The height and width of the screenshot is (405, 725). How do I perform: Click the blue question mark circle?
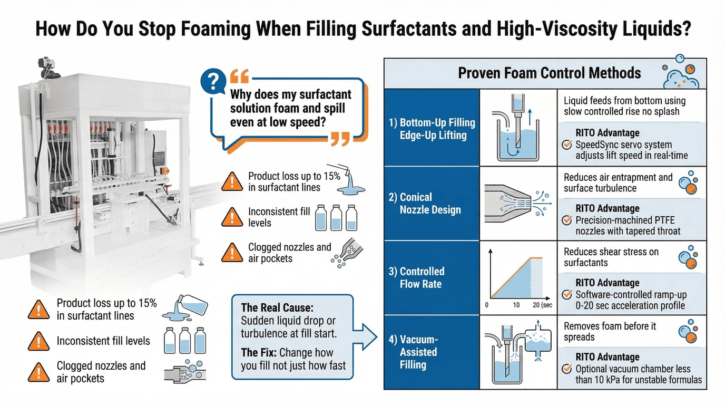[213, 81]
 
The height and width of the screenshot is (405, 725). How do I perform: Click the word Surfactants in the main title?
[409, 28]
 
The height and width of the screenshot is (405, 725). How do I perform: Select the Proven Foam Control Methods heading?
[549, 73]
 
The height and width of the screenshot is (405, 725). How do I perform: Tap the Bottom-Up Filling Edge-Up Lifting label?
[432, 129]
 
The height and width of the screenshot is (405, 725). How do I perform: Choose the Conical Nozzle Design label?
[425, 203]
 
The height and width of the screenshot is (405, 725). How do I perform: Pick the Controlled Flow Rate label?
[417, 277]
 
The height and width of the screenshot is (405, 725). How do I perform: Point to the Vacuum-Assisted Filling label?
[413, 352]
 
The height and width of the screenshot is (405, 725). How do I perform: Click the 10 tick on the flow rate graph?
[516, 305]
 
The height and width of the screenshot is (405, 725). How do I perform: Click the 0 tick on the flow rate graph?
[486, 305]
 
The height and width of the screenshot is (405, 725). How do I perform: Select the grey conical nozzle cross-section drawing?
[508, 204]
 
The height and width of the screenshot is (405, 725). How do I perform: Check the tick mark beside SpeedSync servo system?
[567, 144]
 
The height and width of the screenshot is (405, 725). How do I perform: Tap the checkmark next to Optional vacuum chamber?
[567, 369]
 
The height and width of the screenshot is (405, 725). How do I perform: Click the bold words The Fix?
[259, 352]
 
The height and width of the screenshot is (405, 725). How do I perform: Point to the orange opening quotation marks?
[240, 76]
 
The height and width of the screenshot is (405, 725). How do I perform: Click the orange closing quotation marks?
[340, 139]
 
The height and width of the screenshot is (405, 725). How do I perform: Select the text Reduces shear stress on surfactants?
[611, 257]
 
